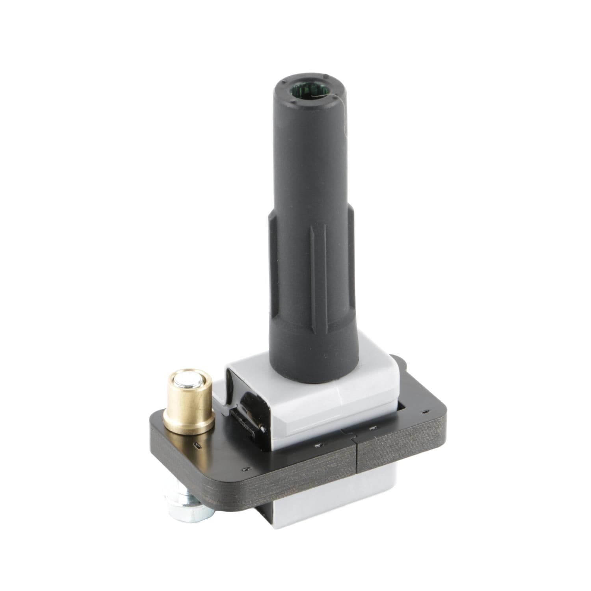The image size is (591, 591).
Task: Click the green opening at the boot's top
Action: (309, 93)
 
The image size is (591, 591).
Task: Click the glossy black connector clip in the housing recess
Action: (246, 418)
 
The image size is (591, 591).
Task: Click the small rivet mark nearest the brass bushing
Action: (197, 445)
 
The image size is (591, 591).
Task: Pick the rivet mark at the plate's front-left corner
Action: (246, 469)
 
